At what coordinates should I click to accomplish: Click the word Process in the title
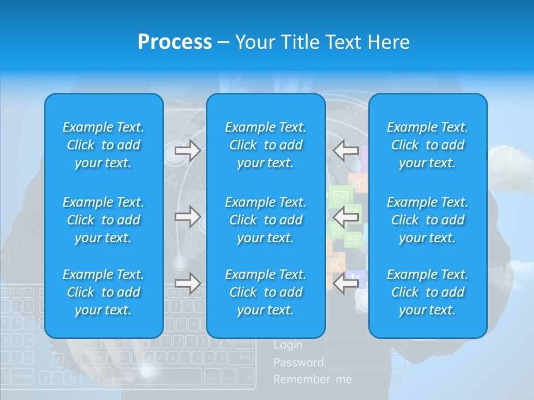pos(175,42)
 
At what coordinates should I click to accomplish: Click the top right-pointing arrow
pos(187,151)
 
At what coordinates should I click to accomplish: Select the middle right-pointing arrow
pos(187,217)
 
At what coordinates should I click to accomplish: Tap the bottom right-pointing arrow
pos(187,283)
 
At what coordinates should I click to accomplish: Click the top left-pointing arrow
pos(346,151)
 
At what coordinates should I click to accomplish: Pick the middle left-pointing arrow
pos(346,217)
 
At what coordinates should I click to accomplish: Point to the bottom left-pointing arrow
pos(346,283)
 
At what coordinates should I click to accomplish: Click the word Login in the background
pos(288,345)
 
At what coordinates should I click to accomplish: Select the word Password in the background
pos(298,363)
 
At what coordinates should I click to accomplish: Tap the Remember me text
pos(313,379)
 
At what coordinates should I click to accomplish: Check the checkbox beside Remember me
pos(398,379)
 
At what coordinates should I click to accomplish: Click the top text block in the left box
pos(103,145)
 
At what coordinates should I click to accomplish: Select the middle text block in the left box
pos(103,220)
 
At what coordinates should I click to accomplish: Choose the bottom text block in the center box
pos(265,292)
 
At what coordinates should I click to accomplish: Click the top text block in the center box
pos(265,145)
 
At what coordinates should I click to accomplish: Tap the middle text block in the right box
pos(427,220)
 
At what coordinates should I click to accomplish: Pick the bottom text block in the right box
pos(427,292)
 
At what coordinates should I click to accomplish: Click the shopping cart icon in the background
pos(335,262)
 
